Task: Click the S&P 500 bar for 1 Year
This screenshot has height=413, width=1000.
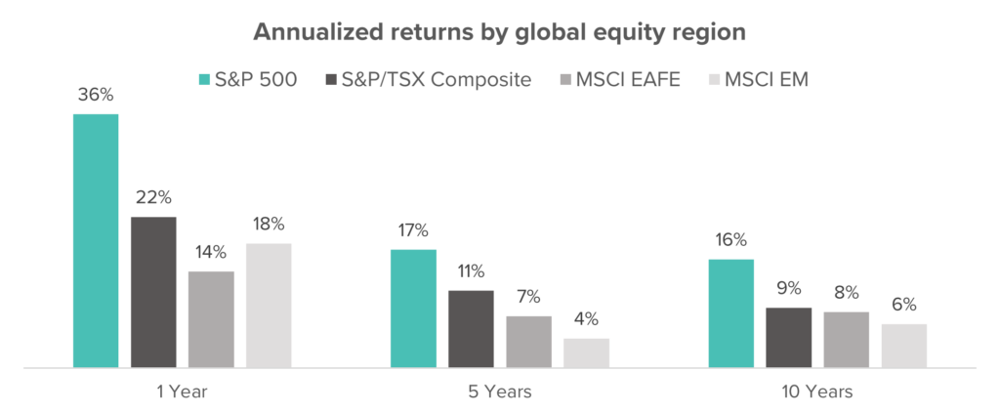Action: click(x=96, y=241)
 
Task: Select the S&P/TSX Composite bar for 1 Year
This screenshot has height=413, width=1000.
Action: click(x=153, y=292)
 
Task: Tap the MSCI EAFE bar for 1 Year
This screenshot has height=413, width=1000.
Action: click(x=211, y=319)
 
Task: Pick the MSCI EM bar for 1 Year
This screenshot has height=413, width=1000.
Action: click(x=269, y=306)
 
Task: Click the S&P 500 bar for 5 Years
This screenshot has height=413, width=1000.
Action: click(x=413, y=309)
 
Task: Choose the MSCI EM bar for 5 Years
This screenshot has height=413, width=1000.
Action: click(x=586, y=353)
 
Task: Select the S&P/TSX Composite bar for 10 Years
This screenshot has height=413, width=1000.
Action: click(x=789, y=338)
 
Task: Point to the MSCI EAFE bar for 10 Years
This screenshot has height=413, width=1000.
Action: click(x=847, y=340)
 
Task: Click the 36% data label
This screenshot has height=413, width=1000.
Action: click(x=96, y=95)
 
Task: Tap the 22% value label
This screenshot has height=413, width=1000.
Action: click(x=153, y=197)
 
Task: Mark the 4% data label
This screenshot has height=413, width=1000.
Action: click(x=586, y=319)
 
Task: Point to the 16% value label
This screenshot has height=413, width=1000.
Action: click(x=730, y=240)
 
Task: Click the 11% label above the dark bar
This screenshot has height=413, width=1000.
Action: click(x=471, y=270)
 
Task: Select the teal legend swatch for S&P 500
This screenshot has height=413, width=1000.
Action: click(x=205, y=80)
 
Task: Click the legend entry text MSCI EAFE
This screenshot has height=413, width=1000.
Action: click(x=617, y=80)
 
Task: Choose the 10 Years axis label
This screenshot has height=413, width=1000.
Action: click(x=817, y=392)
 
